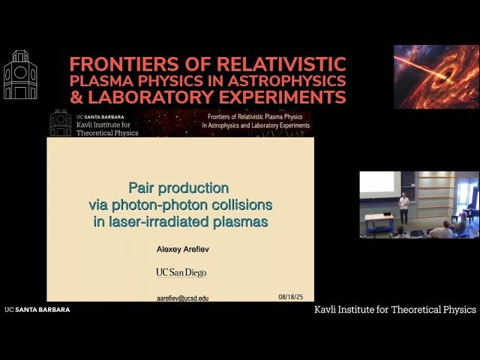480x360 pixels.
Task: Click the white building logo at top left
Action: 20,77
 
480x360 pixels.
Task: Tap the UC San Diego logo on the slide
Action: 181,272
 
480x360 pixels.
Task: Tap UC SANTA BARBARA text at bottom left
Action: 37,309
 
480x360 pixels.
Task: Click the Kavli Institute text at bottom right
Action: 395,309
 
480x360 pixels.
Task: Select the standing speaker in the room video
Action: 404,208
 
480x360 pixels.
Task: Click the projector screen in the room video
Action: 379,183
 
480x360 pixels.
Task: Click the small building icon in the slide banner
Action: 61,122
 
